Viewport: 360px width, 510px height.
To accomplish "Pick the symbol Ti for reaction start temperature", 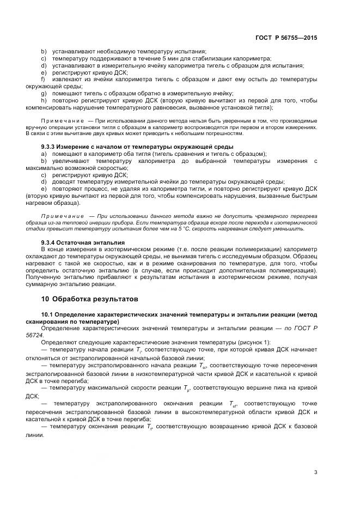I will point(138,350).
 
